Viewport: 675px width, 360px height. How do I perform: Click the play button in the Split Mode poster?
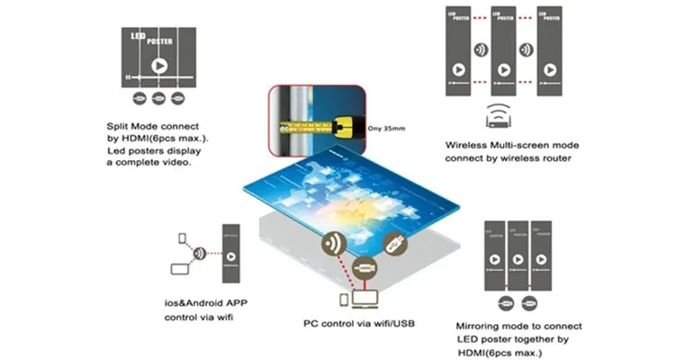click(158, 66)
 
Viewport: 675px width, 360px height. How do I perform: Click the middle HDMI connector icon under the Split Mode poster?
click(158, 99)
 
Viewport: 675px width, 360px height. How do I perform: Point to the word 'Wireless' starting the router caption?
click(467, 144)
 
